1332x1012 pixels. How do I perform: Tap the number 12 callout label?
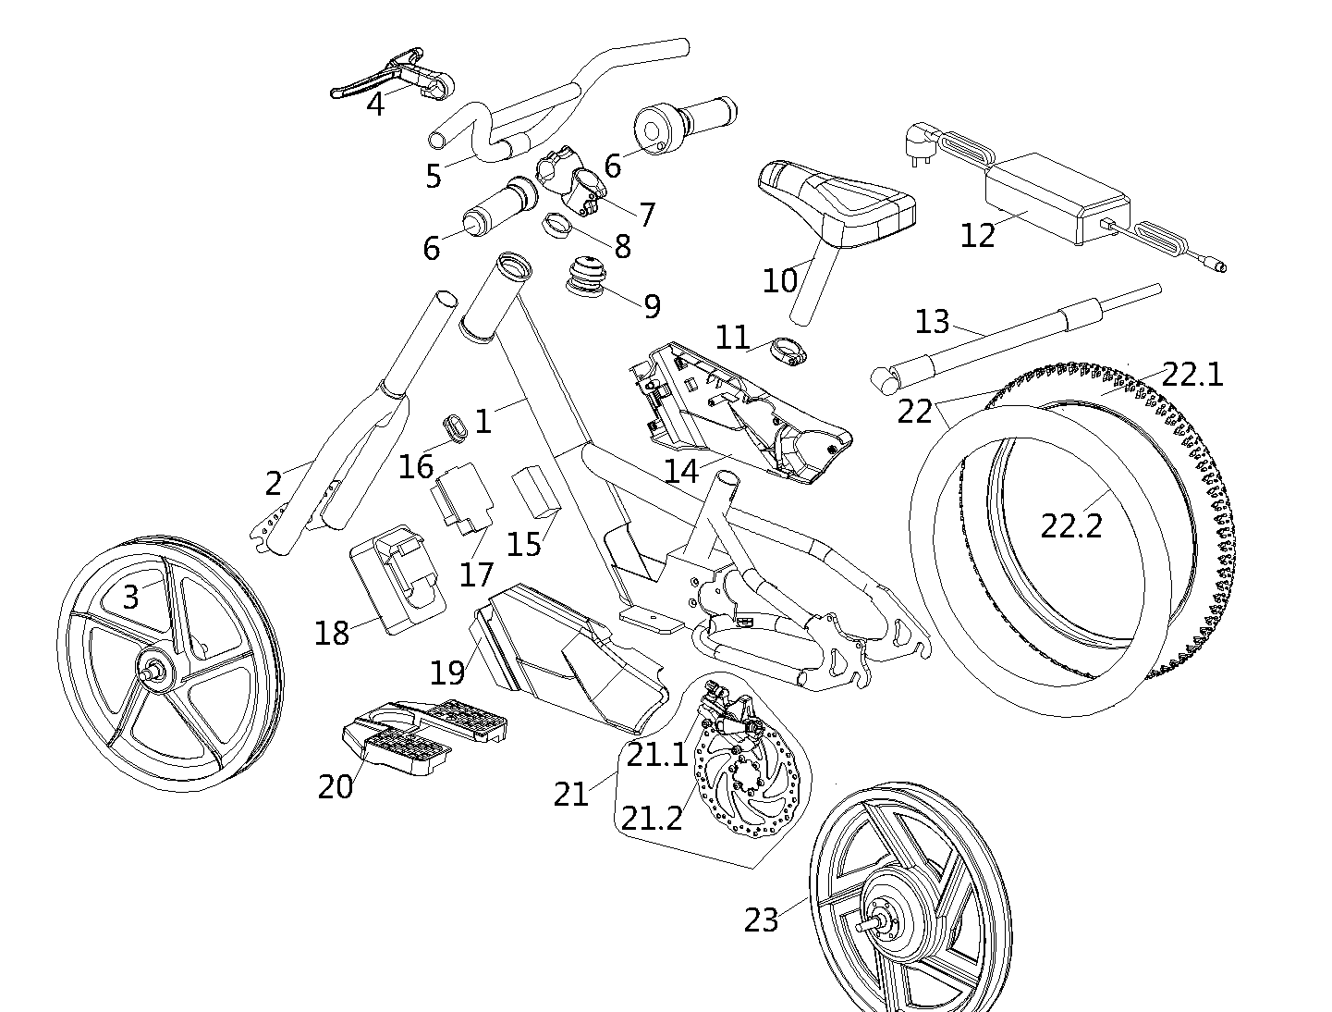pyautogui.click(x=978, y=236)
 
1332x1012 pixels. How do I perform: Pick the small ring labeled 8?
pyautogui.click(x=555, y=224)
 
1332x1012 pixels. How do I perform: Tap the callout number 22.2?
pyautogui.click(x=1072, y=525)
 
